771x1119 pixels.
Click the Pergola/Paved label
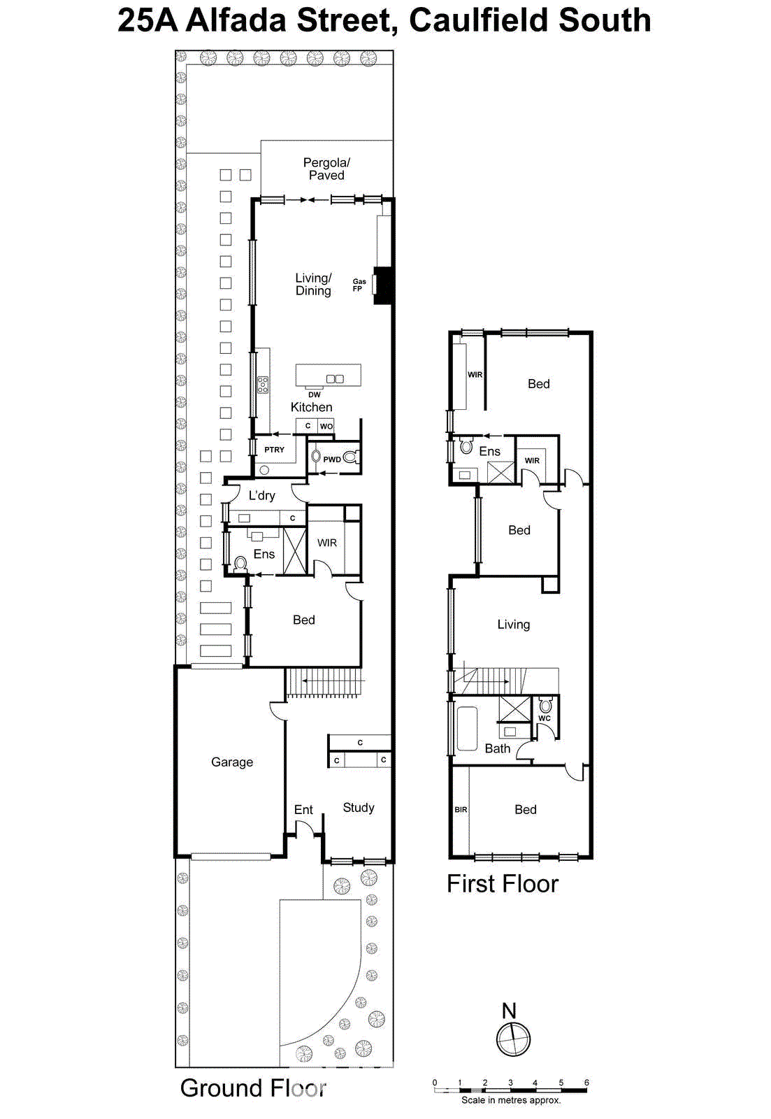point(326,169)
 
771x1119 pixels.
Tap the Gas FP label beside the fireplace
point(359,285)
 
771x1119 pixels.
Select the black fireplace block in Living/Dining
point(383,285)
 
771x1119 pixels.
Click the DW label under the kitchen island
point(315,394)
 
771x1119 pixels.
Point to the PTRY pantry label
point(274,450)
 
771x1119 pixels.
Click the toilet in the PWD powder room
point(351,458)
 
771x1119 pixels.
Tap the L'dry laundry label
point(261,495)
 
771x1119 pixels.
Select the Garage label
point(232,762)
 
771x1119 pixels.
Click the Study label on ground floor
point(359,807)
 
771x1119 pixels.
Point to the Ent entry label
point(303,809)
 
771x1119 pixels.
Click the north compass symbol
point(513,1038)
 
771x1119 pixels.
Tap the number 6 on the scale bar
point(586,1083)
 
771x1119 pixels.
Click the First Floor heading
point(503,884)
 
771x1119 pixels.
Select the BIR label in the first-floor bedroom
point(461,809)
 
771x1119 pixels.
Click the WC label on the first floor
point(545,718)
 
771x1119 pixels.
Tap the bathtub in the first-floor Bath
point(467,728)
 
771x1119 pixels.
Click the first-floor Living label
point(513,624)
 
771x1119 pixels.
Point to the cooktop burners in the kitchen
point(263,385)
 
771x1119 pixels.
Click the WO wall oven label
point(326,426)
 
